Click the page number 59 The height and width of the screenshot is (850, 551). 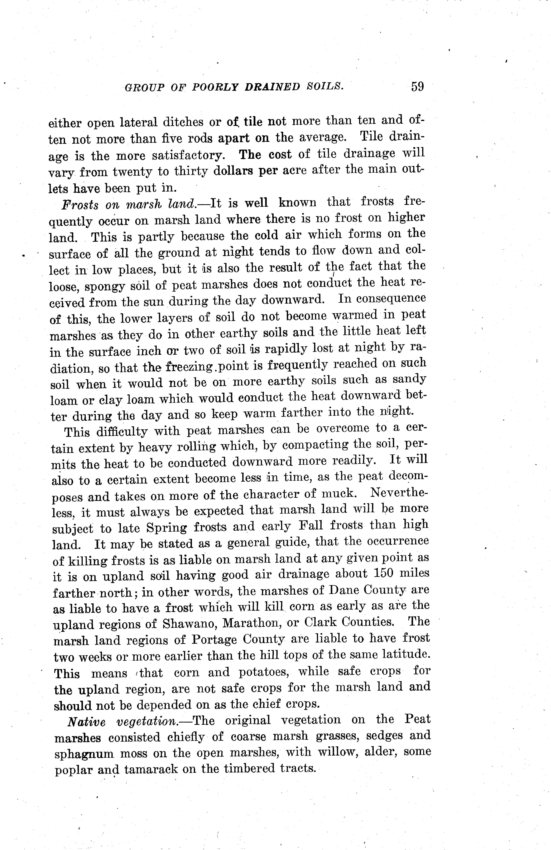tap(417, 87)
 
